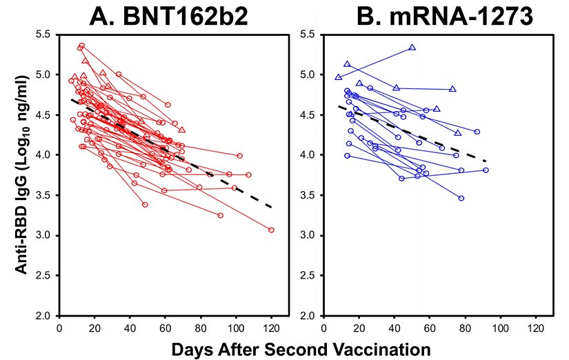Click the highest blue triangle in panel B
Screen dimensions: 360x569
pos(412,48)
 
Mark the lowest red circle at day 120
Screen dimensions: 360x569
pos(271,230)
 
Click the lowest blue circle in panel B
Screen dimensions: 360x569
pos(461,198)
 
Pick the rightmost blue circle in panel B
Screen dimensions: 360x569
pos(486,170)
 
